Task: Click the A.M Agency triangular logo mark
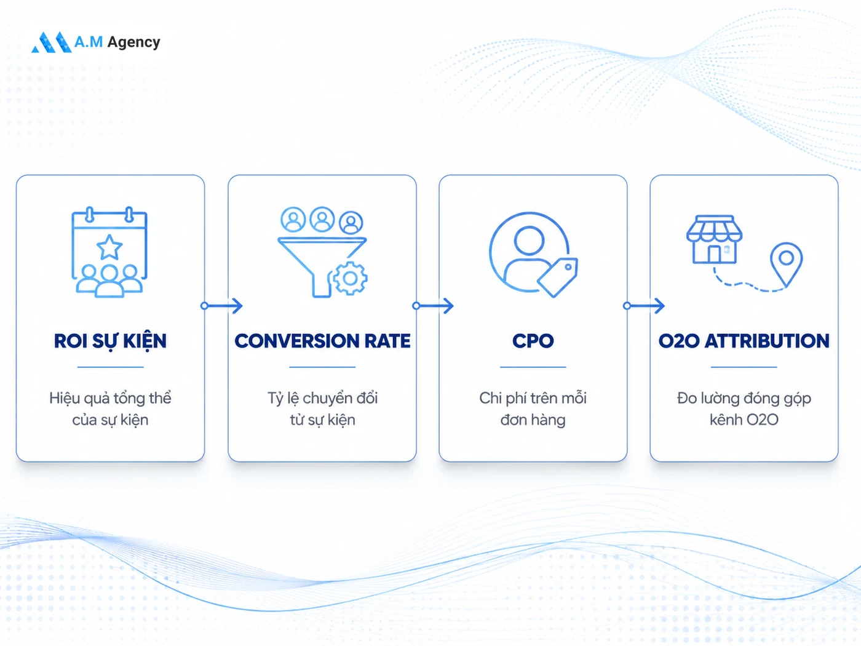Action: pos(52,42)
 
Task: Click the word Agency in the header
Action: pos(133,42)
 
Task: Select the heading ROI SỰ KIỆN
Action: pos(110,341)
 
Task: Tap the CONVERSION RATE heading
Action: pos(322,341)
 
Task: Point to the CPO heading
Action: pos(533,341)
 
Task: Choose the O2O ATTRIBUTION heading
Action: pos(744,341)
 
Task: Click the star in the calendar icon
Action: pos(109,247)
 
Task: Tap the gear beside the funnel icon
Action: pos(350,279)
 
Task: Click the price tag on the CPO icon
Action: pos(557,277)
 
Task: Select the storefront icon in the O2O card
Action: pos(714,239)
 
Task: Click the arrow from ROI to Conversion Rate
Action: pos(221,306)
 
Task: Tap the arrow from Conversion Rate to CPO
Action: pos(433,306)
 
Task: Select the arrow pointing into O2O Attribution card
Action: pos(644,306)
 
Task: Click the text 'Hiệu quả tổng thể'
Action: pos(110,399)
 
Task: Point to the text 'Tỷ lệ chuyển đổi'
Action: pos(322,399)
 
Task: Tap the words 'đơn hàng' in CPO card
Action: pos(533,420)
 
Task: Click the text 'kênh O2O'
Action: pos(744,420)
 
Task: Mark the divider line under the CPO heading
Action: pos(533,367)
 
